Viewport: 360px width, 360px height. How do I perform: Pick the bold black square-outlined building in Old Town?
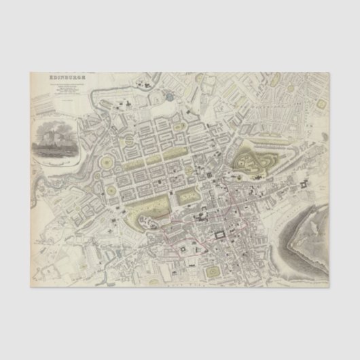pos(220,235)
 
